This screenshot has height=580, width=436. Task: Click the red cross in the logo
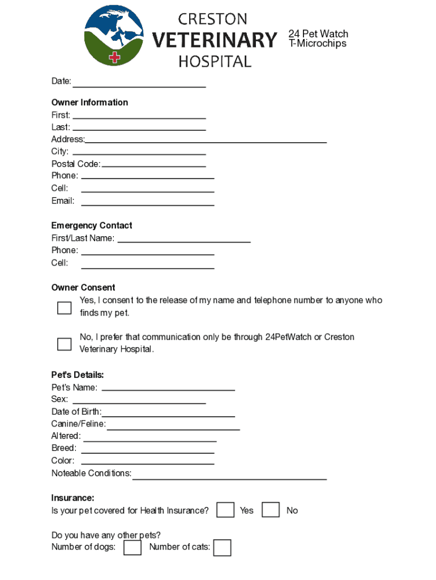coord(115,57)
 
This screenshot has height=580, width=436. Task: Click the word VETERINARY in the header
coord(215,41)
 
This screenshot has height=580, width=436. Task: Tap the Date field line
coord(139,84)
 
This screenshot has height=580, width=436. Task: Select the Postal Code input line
coord(153,164)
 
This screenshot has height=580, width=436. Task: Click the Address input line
coord(206,140)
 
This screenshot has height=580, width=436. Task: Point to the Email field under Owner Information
coord(148,202)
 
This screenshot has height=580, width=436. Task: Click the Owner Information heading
coord(89,103)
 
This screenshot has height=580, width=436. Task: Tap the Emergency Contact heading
coord(92,225)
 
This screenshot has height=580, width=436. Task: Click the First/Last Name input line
coord(183,239)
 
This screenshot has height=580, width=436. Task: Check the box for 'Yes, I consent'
coord(65,308)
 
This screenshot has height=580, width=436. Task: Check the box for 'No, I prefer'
coord(65,344)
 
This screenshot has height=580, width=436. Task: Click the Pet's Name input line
coord(168,388)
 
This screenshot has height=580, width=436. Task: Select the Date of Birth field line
coord(168,413)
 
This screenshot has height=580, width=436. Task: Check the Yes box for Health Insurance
coord(226,510)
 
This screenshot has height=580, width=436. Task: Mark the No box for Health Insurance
coord(271,510)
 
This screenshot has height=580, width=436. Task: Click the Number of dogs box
coord(132,547)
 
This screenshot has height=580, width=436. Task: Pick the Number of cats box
coord(223,548)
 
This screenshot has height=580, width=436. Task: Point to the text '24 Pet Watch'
coord(318,34)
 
